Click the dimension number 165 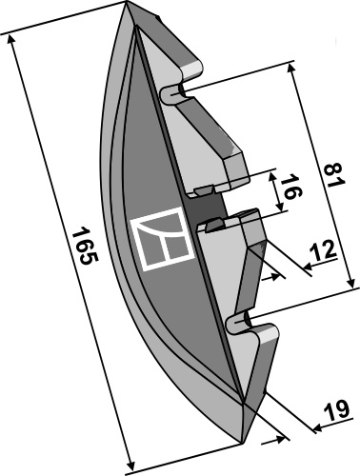[x=85, y=245]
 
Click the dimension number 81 [x=334, y=175]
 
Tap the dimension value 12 [x=322, y=249]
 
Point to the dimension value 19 [x=336, y=410]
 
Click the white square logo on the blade [x=162, y=239]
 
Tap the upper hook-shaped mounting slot [x=173, y=94]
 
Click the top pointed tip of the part [x=127, y=2]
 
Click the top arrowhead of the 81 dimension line [x=290, y=69]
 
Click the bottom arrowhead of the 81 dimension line [x=350, y=282]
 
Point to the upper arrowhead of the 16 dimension [x=271, y=178]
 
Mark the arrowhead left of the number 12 [x=309, y=268]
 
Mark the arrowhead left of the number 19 [x=318, y=429]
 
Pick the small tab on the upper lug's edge [x=204, y=190]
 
